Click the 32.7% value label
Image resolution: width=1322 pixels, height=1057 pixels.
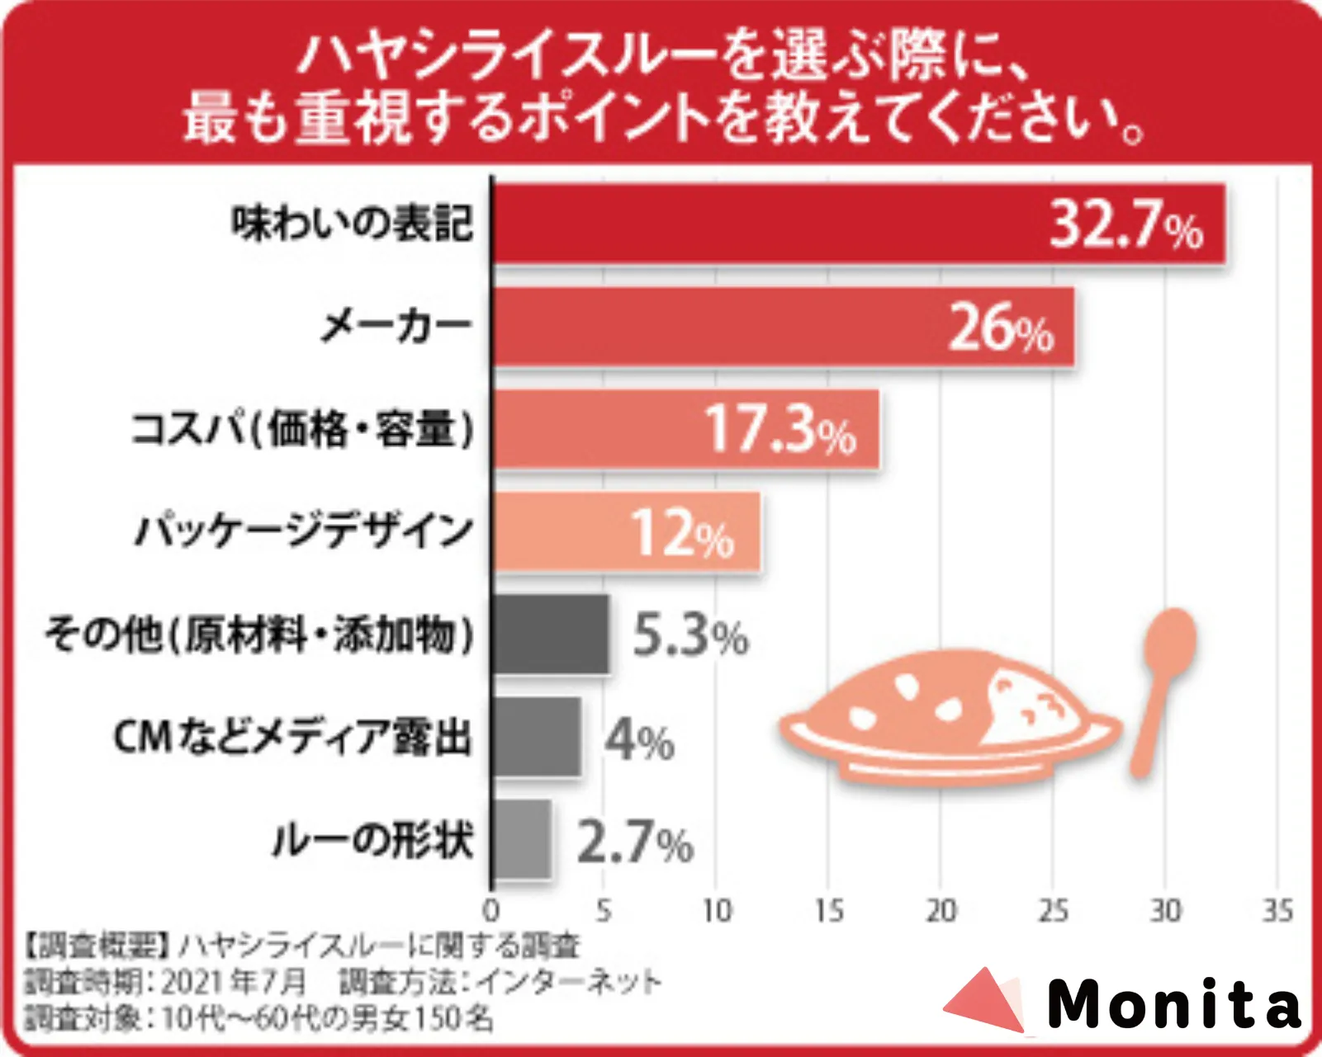pyautogui.click(x=1126, y=224)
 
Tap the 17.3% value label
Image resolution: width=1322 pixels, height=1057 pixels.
pyautogui.click(x=780, y=429)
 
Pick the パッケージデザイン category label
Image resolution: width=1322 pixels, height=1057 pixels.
pyautogui.click(x=304, y=531)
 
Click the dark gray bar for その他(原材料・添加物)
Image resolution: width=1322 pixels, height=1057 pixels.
pyautogui.click(x=551, y=634)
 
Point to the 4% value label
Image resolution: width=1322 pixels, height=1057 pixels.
pyautogui.click(x=639, y=739)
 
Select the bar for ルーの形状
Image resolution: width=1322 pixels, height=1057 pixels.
pyautogui.click(x=522, y=839)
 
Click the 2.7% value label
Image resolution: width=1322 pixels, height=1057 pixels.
pyautogui.click(x=634, y=842)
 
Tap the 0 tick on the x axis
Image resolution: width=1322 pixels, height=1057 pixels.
pyautogui.click(x=491, y=911)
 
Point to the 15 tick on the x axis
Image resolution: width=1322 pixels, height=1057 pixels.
pyautogui.click(x=828, y=911)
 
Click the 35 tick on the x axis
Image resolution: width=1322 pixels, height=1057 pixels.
pyautogui.click(x=1277, y=911)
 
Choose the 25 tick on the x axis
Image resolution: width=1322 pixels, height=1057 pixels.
pyautogui.click(x=1053, y=911)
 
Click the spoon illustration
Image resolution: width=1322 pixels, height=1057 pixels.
pyautogui.click(x=1163, y=685)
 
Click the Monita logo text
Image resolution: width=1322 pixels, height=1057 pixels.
pyautogui.click(x=1173, y=1004)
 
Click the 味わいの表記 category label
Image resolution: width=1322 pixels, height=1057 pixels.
pyautogui.click(x=352, y=224)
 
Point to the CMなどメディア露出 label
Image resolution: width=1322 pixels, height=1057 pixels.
pyautogui.click(x=292, y=737)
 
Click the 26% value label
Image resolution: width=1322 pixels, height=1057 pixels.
pyautogui.click(x=1001, y=328)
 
